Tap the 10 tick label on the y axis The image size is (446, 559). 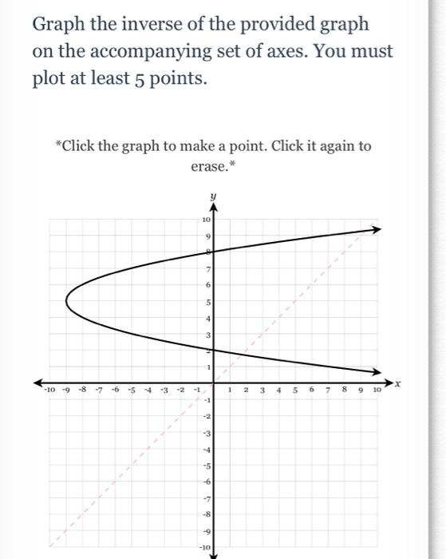(x=205, y=219)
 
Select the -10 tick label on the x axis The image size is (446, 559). (x=50, y=391)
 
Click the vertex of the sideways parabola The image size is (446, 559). (x=66, y=301)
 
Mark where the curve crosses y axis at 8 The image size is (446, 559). (x=213, y=252)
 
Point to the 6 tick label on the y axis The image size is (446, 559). (x=207, y=285)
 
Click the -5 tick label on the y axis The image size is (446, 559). (x=205, y=466)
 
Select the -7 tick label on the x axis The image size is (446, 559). (x=99, y=391)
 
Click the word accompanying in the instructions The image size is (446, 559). (x=160, y=52)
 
